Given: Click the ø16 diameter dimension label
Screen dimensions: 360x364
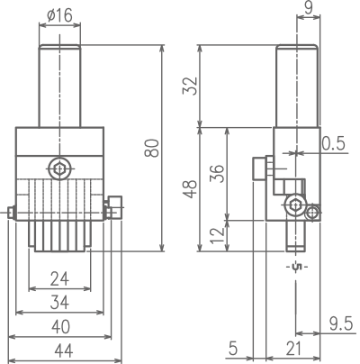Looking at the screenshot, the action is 59,15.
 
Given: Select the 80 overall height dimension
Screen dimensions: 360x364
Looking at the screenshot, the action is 151,148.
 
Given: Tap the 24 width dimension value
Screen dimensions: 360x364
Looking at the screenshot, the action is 59,278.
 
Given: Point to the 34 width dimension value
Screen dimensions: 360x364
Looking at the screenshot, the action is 59,303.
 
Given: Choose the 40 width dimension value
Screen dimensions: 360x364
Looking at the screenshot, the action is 60,327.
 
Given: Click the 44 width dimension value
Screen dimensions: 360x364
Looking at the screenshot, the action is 64,350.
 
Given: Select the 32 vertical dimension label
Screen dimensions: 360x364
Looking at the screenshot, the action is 191,86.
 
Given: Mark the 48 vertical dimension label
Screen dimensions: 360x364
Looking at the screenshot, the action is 190,189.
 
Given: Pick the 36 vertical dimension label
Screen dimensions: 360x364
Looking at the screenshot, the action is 217,174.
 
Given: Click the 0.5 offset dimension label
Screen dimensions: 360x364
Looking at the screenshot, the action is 334,143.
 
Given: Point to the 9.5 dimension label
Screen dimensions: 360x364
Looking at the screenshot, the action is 341,324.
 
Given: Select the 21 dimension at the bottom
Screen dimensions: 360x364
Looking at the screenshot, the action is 293,349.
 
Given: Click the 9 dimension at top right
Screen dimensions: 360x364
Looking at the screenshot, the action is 308,7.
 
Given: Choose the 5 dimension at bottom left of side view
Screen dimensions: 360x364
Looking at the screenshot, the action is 233,349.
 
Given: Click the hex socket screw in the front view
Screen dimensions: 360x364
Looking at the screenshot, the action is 60,168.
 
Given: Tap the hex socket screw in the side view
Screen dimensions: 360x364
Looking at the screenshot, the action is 296,205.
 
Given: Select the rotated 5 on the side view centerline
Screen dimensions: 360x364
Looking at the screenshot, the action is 296,267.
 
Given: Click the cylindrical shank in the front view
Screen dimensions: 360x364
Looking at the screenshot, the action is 59,86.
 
